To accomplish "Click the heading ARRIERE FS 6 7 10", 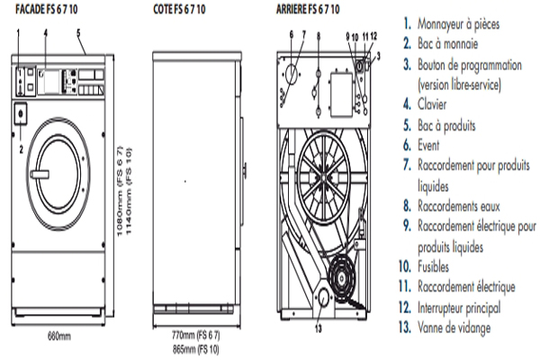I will [x=311, y=9].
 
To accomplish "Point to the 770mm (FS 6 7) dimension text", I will [x=196, y=333].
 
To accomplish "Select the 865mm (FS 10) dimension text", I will [x=196, y=346].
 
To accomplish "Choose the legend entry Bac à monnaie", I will [x=448, y=43].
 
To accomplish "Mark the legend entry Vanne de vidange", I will [x=454, y=328].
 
